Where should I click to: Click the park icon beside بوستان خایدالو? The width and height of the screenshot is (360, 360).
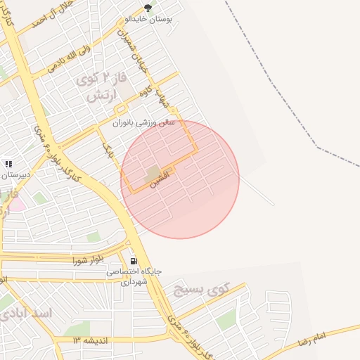click(148, 8)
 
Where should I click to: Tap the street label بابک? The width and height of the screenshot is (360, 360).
click(108, 149)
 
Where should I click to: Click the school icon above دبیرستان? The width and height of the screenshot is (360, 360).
click(8, 163)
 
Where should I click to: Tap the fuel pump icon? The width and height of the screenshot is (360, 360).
click(134, 260)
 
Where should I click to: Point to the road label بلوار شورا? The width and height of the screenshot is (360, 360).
click(87, 260)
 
